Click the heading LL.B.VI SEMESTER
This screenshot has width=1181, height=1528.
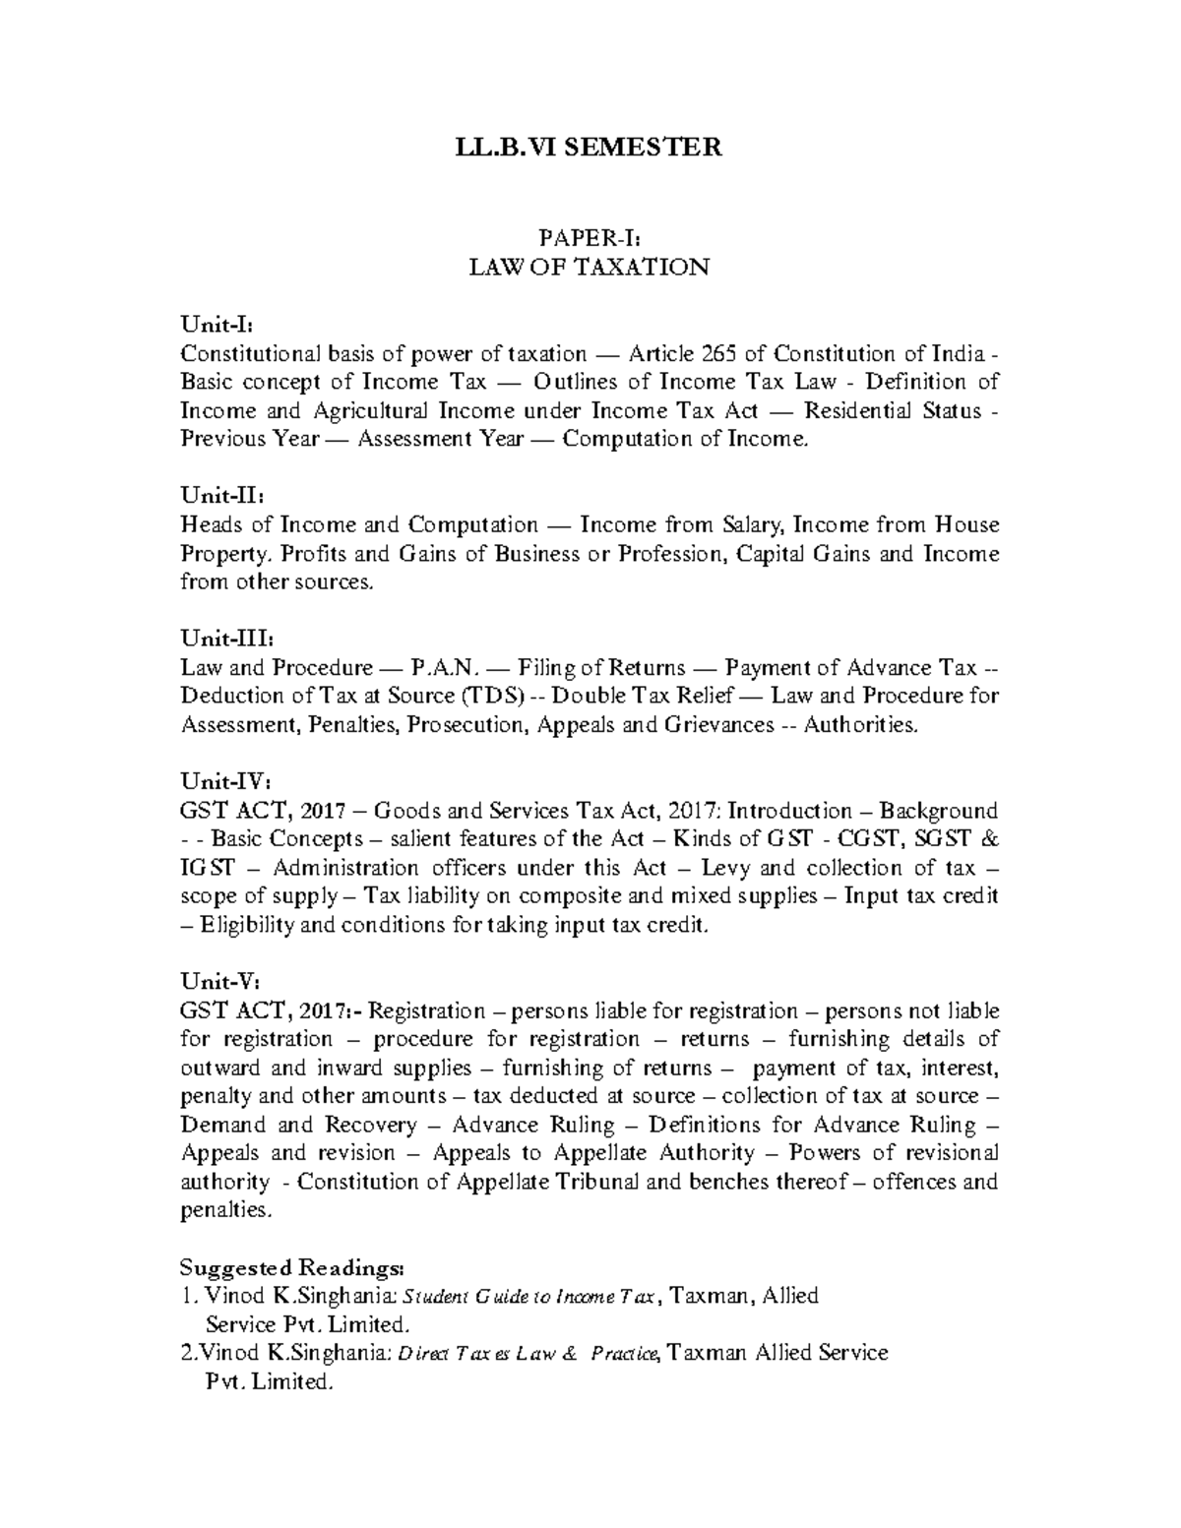589,148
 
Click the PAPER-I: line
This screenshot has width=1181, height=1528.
589,237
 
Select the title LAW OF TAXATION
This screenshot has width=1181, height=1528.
589,267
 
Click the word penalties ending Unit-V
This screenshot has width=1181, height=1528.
224,1210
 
